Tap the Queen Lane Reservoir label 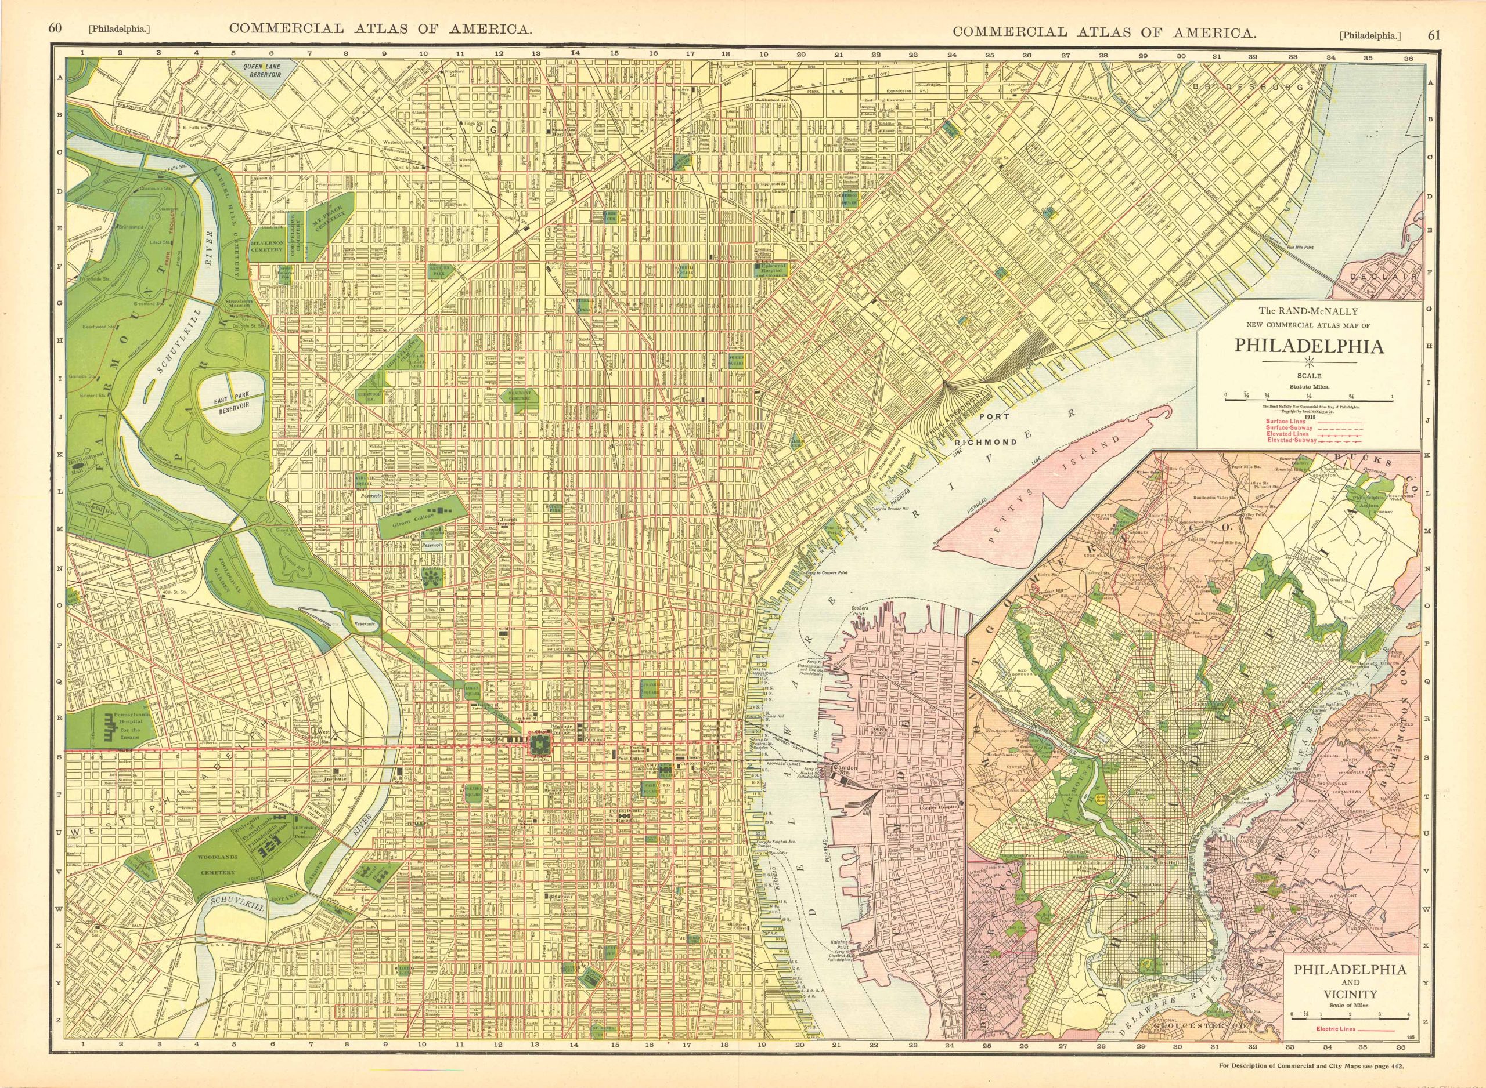tap(262, 71)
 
